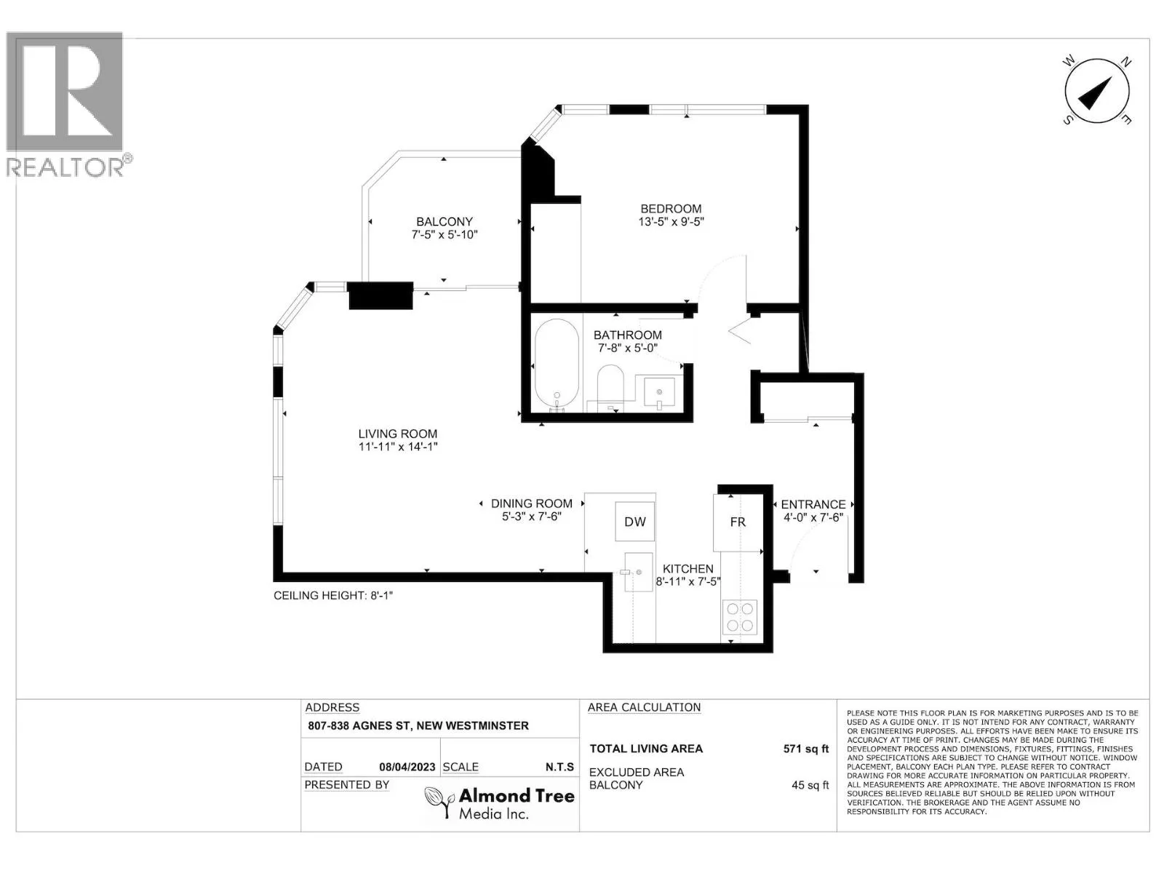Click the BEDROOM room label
coord(670,209)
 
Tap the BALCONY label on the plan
coord(444,222)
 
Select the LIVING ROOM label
coord(398,434)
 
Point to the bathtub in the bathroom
coord(557,365)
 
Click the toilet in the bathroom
coord(610,388)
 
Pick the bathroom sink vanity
coord(659,394)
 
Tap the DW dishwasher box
coord(635,522)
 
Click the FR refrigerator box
coord(738,522)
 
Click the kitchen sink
coord(639,571)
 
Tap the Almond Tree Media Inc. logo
coord(499,803)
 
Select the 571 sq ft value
coord(805,749)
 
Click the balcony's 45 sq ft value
coord(810,785)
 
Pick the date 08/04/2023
coord(407,767)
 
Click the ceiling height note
coord(333,595)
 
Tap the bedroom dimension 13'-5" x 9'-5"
coord(670,222)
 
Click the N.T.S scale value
coord(559,767)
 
